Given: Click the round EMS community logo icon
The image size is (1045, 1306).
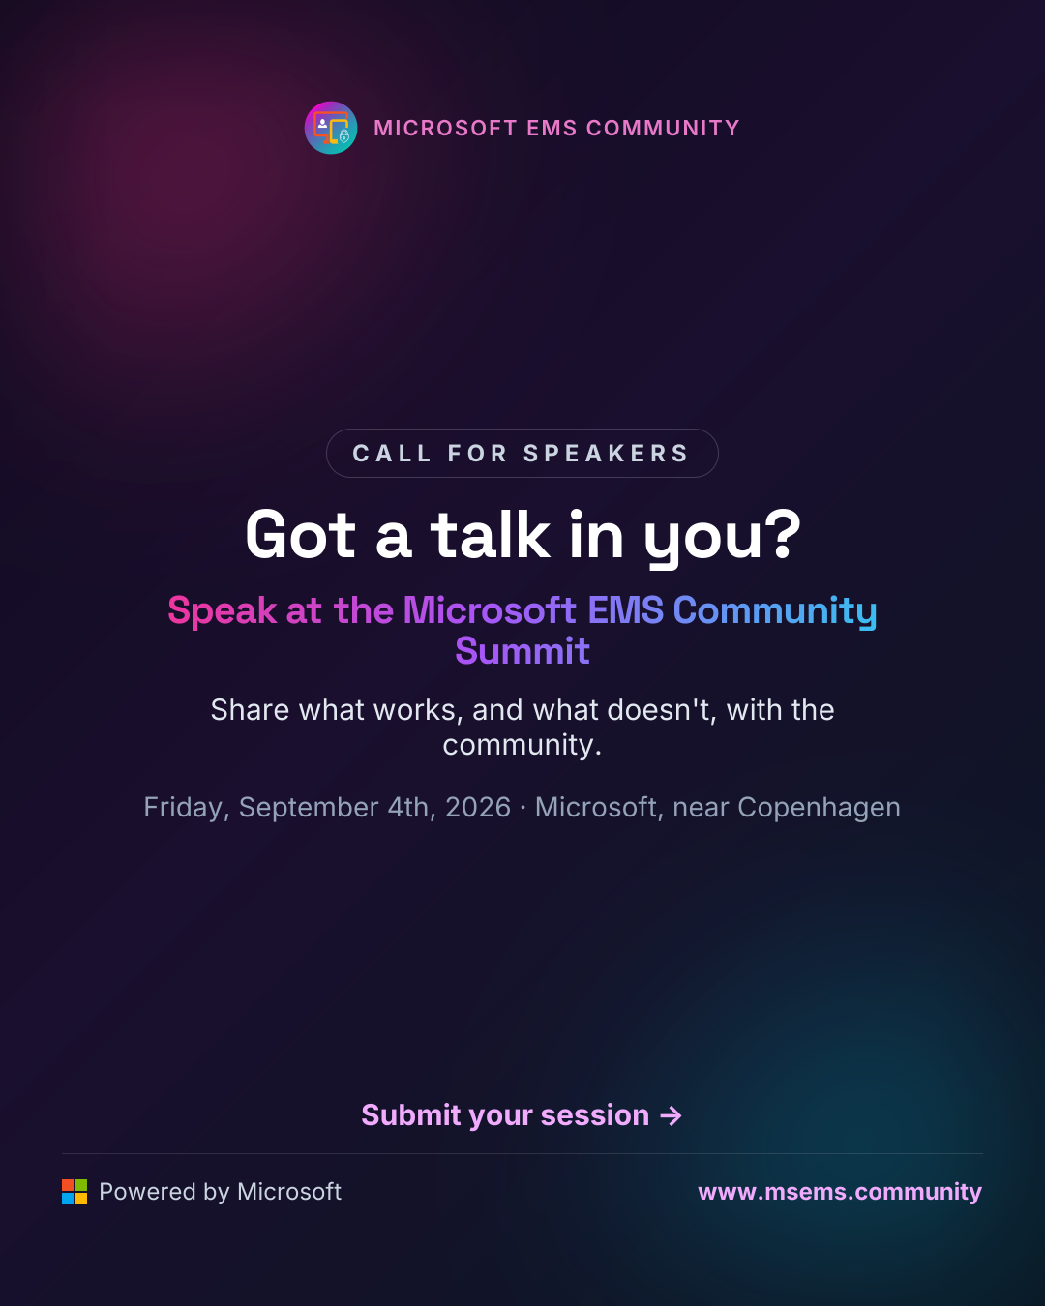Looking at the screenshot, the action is tap(330, 128).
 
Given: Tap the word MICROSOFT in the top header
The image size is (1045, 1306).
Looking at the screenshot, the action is tap(445, 128).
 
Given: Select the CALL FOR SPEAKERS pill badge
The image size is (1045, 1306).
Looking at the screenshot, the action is tap(522, 454).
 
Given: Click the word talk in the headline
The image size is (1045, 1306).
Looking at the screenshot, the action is tap(490, 535).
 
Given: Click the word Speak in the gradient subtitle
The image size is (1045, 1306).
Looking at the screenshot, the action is tap(222, 609).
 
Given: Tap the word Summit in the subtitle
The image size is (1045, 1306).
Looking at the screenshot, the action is tap(522, 650).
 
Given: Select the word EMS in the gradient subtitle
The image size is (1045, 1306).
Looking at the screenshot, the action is tap(625, 609).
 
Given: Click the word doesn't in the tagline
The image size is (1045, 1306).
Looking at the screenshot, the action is tap(661, 710).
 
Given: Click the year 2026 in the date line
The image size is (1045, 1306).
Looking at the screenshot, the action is tap(478, 808).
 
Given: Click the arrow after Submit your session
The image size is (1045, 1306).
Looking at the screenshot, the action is tap(671, 1115).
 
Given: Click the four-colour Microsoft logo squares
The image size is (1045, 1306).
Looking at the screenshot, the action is tap(75, 1192).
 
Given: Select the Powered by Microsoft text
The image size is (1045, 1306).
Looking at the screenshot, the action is tap(220, 1192).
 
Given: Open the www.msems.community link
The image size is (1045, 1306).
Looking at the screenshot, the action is tap(840, 1192).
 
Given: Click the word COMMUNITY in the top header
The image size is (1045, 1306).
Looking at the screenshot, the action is tap(663, 128).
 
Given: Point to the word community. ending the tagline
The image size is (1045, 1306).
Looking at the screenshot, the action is tap(522, 745).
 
